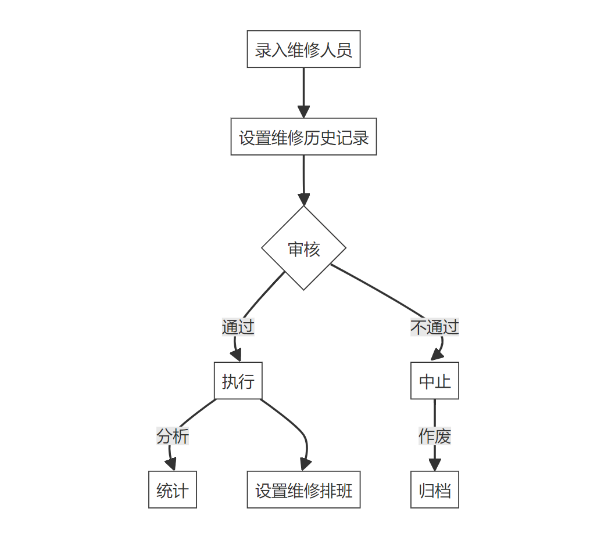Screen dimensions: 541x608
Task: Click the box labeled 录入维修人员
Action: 303,49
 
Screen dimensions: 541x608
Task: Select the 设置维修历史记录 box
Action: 303,137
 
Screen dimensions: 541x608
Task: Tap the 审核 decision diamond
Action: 303,248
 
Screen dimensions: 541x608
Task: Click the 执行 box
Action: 238,381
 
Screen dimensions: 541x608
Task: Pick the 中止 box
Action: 434,381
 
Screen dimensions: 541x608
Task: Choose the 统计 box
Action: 172,489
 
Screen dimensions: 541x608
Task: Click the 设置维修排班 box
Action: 303,489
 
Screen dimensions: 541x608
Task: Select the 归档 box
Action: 434,489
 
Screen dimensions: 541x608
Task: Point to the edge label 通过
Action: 238,327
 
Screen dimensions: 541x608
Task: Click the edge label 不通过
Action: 434,327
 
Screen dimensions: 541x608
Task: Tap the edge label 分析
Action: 172,435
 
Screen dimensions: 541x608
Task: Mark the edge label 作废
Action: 434,435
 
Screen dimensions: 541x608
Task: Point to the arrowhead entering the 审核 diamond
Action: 303,200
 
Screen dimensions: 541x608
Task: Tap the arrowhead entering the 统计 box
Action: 171,465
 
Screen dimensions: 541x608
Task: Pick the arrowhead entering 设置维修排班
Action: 305,465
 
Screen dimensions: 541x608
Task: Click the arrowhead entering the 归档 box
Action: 434,465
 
